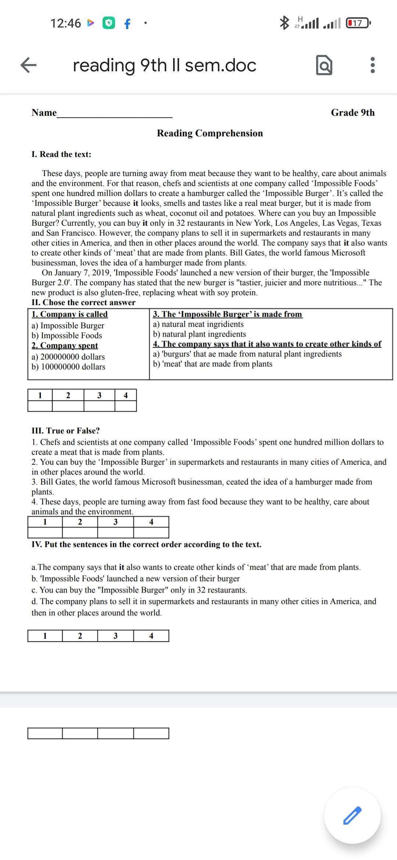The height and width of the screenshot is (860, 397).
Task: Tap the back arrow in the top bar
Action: coord(28,65)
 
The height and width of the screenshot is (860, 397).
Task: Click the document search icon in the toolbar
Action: coord(324,65)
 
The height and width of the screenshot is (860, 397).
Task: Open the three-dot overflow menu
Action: coord(372,65)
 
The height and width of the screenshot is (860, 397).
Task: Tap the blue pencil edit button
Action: coord(352,815)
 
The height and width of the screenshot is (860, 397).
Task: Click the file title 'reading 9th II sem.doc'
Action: coord(164,65)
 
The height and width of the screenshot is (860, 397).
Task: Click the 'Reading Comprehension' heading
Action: coord(210,133)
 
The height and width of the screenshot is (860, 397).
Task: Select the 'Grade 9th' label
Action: coord(353,112)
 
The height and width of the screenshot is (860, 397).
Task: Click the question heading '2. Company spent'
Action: coord(65,345)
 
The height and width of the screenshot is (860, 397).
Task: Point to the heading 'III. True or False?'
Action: coord(65,431)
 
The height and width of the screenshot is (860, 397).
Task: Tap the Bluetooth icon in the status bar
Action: coord(284,23)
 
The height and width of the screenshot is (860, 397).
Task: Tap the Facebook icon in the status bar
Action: coord(127,24)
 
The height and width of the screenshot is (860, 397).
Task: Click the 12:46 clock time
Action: coord(65,23)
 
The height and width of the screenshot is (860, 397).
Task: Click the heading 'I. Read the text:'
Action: coord(61,154)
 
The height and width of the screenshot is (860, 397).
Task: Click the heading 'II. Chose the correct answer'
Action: coord(83,302)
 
